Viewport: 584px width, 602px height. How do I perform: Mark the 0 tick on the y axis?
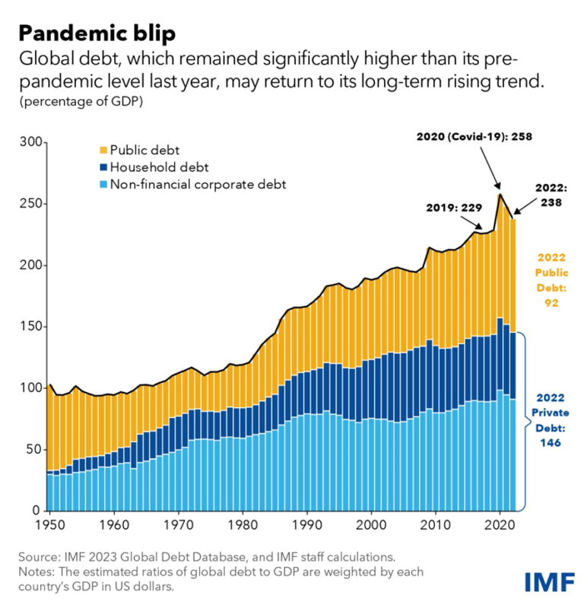36,511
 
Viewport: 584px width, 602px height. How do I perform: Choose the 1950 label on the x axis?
49,525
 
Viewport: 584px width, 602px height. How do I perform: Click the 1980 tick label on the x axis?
243,525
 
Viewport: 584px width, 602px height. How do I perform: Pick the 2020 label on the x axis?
499,525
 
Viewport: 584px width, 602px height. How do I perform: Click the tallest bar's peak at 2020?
499,196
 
